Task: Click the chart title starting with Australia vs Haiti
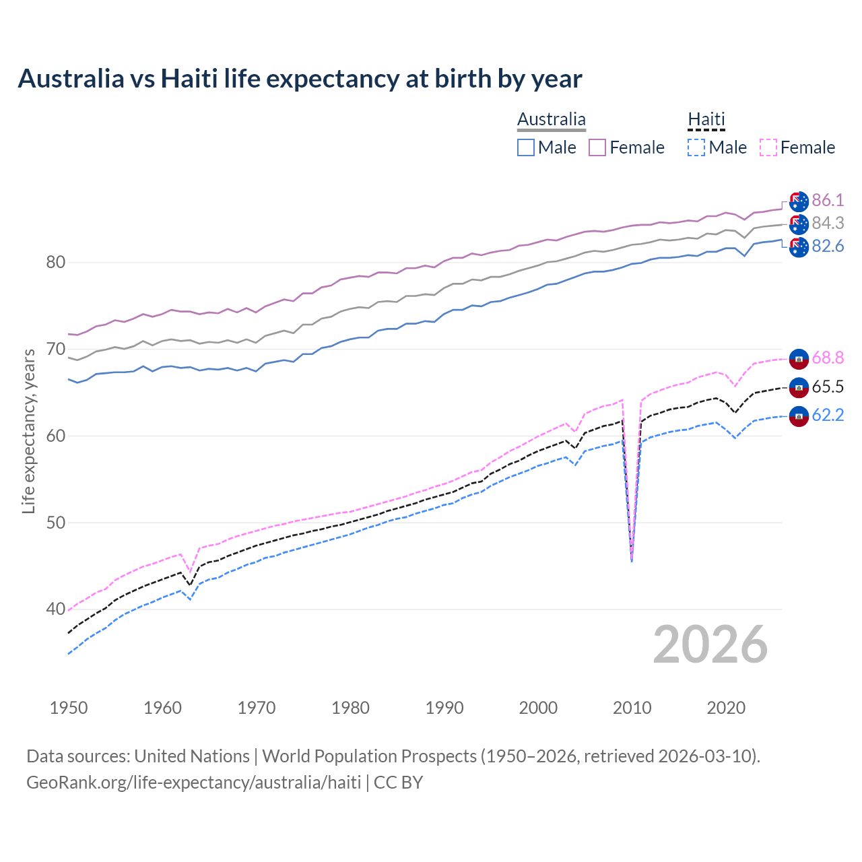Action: point(300,79)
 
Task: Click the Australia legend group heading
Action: point(551,120)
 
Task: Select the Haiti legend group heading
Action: point(706,120)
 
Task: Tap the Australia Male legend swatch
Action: point(526,147)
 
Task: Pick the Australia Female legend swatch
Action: point(597,147)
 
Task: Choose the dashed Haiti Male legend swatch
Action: point(696,147)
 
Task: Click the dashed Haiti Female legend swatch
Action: point(768,147)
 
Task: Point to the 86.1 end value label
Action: point(828,200)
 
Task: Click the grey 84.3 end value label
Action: point(828,223)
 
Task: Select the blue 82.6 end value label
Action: point(828,246)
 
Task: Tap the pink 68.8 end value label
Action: point(828,358)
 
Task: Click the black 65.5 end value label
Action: point(828,387)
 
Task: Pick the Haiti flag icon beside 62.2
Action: point(799,416)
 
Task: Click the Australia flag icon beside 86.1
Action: point(799,201)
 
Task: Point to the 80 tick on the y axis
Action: point(55,262)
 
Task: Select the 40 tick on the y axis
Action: point(55,609)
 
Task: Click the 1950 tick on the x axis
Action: point(69,708)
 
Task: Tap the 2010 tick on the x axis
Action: point(632,708)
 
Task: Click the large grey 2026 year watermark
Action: point(710,644)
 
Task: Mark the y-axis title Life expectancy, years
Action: point(28,431)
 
